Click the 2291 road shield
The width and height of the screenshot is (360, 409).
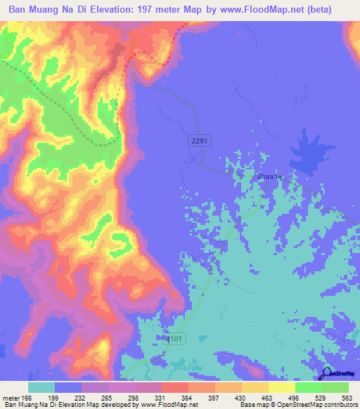pos(200,141)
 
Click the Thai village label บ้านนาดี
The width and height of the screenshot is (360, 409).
pos(269,178)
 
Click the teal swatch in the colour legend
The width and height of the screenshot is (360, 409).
pos(41,387)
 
